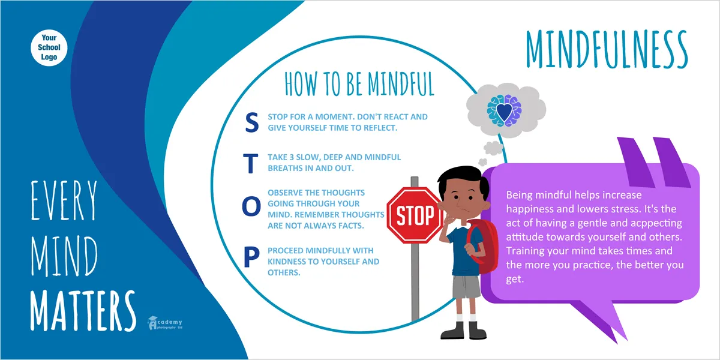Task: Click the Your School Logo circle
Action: coord(49,47)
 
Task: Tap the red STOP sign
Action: coord(415,215)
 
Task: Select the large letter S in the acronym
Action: coord(251,122)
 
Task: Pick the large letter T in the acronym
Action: coord(250,163)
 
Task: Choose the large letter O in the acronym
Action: coord(251,206)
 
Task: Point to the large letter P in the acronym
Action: coord(251,257)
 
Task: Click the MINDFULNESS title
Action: coord(607,49)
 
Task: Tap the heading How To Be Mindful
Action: coord(359,83)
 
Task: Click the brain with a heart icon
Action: coord(504,110)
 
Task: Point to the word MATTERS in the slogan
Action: coord(83,311)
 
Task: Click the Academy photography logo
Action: coord(165,323)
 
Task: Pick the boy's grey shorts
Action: coord(466,286)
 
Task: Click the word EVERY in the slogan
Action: coord(64,200)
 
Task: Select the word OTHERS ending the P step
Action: coord(284,272)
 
